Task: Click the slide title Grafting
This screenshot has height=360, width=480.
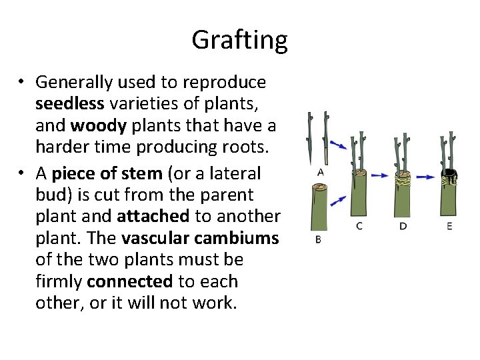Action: tap(239, 40)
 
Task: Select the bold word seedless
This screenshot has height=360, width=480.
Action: tap(70, 104)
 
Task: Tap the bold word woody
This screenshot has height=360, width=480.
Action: tap(95, 125)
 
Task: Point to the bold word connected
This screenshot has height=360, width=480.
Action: tap(129, 281)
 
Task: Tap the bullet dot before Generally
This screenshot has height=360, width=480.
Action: tap(21, 83)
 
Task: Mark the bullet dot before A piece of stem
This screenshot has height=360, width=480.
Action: tap(21, 174)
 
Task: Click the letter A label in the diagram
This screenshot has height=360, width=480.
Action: tap(320, 172)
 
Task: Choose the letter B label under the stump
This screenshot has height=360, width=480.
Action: tap(317, 239)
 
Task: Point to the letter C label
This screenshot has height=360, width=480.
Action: tap(359, 226)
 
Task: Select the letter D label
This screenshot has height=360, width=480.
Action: tap(403, 226)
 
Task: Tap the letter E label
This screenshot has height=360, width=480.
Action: tap(449, 226)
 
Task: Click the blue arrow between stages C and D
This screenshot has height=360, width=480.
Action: tap(380, 176)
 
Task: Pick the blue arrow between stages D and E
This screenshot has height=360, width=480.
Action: tap(425, 177)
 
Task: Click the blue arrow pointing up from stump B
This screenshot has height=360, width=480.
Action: tap(338, 199)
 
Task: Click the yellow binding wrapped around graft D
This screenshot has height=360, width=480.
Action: tap(403, 177)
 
